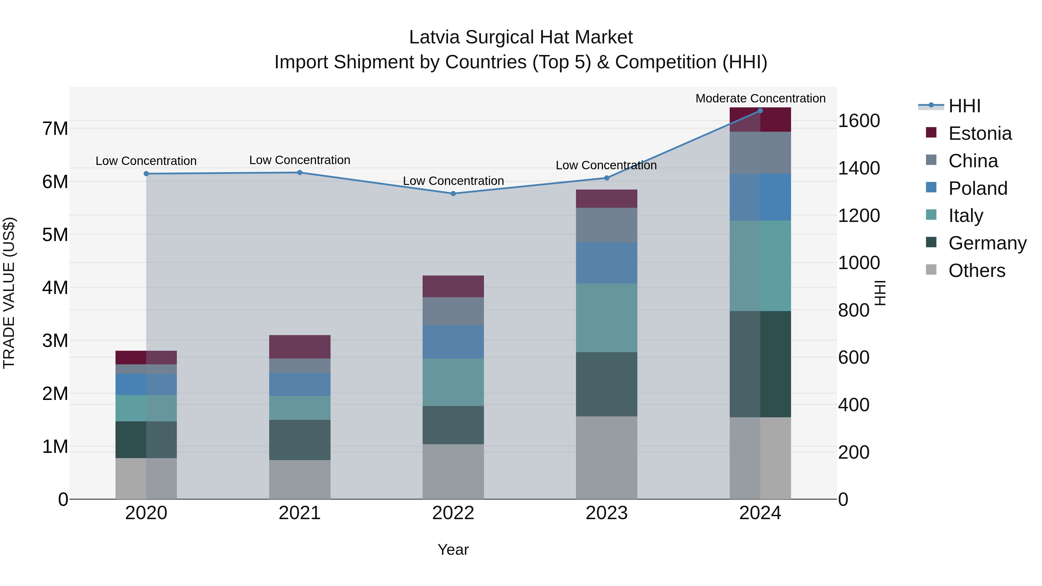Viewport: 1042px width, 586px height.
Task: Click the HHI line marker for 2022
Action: pos(453,194)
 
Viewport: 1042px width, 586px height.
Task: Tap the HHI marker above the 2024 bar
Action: pos(760,111)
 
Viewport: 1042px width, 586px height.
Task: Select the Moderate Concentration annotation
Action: pos(760,99)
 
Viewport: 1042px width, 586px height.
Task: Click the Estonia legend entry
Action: pos(980,133)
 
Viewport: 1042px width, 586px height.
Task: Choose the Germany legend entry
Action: pos(987,243)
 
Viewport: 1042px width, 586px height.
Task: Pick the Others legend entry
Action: pos(977,271)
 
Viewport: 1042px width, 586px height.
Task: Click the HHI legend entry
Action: pos(964,106)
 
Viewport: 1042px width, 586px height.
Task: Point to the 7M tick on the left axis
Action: pos(55,128)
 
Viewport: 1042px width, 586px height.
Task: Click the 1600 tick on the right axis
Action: pos(859,121)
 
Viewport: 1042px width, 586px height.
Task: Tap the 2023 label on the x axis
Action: pos(606,513)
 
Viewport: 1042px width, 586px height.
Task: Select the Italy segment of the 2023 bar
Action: pos(606,318)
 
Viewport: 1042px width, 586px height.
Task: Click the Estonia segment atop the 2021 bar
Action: pos(300,347)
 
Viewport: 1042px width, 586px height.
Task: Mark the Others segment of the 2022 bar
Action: pos(453,472)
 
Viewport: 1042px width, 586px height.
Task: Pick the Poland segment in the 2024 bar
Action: pos(760,197)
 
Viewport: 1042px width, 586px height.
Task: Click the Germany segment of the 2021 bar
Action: pos(300,440)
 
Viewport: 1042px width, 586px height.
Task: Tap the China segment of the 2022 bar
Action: pos(453,311)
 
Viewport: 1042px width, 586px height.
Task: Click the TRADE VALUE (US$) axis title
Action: pos(9,293)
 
